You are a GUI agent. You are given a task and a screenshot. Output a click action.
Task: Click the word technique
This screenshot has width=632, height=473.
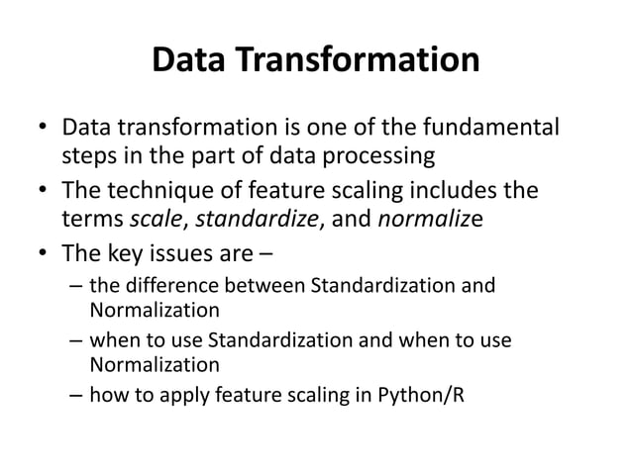tap(158, 189)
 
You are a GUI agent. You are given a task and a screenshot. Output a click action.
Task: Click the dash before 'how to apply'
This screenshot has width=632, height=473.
tap(75, 400)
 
